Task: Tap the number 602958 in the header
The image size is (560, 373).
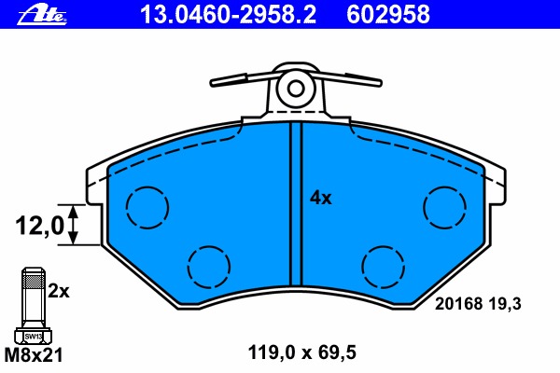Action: [x=388, y=14]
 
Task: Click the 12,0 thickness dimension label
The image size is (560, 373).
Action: [x=38, y=225]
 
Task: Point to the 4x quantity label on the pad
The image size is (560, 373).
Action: [x=320, y=198]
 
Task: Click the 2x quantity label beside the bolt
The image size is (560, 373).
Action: [x=59, y=291]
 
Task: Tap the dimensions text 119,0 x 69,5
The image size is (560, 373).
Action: [x=302, y=352]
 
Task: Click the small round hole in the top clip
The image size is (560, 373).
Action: [x=296, y=89]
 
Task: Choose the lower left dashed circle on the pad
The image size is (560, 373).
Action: [x=210, y=269]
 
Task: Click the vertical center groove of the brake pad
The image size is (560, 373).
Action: [x=296, y=205]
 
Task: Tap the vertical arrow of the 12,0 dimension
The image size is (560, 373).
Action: [x=73, y=225]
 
